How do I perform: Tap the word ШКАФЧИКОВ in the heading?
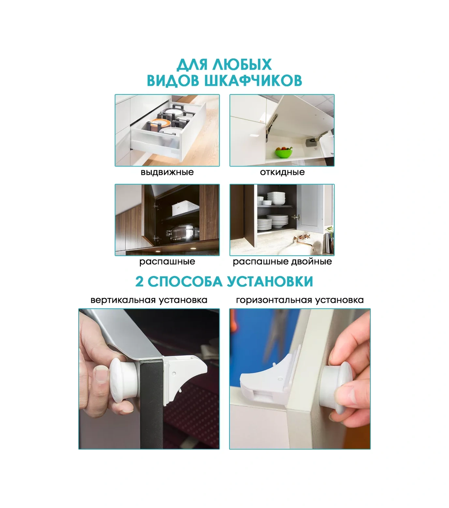[x=253, y=81]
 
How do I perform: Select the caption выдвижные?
[x=167, y=172]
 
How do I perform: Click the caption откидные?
[x=282, y=172]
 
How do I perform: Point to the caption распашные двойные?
[x=282, y=261]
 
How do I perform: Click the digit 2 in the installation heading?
[x=140, y=282]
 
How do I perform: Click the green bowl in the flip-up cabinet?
[x=283, y=152]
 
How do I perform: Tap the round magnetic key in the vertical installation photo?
[x=122, y=380]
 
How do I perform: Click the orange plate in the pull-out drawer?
[x=159, y=124]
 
